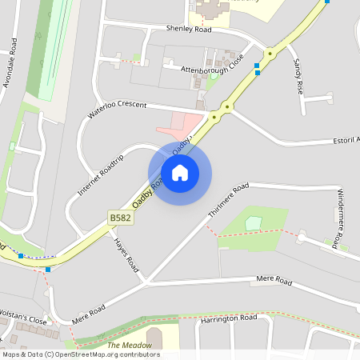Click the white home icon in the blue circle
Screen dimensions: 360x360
coord(179,172)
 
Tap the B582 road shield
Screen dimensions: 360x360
coord(118,217)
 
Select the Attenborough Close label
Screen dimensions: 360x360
coord(211,70)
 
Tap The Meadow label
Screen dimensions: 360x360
coord(130,345)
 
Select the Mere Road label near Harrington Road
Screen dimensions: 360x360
coord(274,280)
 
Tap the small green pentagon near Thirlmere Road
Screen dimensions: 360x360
coord(254,222)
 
